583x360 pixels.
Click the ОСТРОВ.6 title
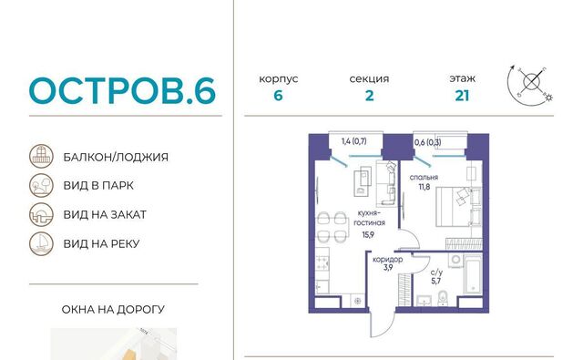(x=122, y=90)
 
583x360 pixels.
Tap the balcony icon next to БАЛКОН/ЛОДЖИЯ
(x=41, y=156)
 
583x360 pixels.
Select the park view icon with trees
(x=41, y=185)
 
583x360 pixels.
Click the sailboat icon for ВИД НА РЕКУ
(x=41, y=243)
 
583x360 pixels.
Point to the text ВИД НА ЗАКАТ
(x=105, y=214)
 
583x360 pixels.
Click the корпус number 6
(x=278, y=96)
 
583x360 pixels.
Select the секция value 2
(x=369, y=96)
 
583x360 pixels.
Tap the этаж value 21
(x=462, y=96)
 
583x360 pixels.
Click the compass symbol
(x=530, y=85)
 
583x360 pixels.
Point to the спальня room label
(x=424, y=178)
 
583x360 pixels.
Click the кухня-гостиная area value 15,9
(x=368, y=234)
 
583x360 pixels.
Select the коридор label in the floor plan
(x=388, y=259)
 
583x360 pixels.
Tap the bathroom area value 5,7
(x=435, y=281)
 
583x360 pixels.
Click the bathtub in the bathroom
(x=472, y=274)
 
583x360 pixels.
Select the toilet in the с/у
(x=443, y=298)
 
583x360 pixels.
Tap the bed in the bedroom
(x=454, y=206)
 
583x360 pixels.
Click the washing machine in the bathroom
(x=455, y=260)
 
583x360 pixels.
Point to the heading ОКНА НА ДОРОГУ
(x=113, y=310)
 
